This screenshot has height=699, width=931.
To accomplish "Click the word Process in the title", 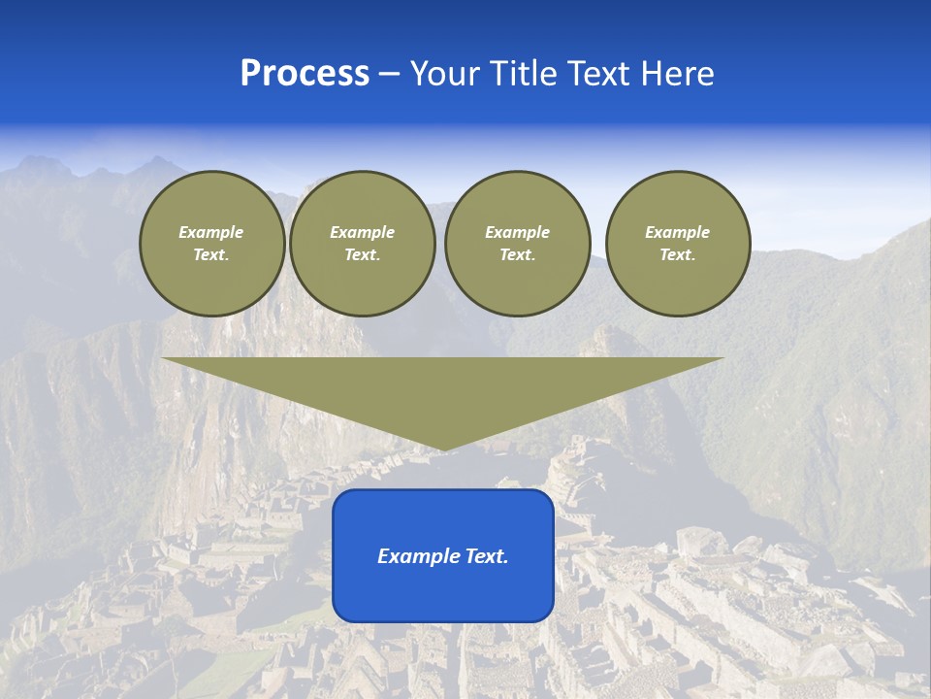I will tap(305, 74).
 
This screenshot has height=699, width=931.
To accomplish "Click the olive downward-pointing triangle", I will tap(442, 388).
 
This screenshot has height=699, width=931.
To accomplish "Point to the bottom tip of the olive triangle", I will tap(443, 448).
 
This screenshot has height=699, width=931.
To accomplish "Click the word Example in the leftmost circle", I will tap(211, 232).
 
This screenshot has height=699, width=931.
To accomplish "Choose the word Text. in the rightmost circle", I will tap(678, 254).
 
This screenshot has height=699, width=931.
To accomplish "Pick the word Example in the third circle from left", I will tap(517, 232).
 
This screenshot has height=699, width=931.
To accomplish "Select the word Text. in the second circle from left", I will tap(362, 254).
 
